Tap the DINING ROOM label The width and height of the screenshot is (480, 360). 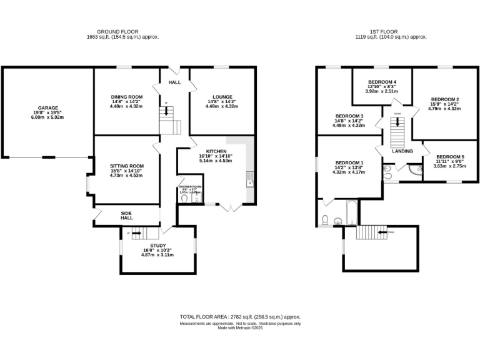(x=127, y=97)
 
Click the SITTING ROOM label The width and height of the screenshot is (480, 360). (x=126, y=166)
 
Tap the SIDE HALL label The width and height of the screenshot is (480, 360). (x=127, y=214)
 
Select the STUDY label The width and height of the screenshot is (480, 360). (x=157, y=246)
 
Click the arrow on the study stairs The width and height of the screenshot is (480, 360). (x=137, y=234)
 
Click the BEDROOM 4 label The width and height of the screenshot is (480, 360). (x=382, y=82)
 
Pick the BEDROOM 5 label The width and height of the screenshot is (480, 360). (x=450, y=156)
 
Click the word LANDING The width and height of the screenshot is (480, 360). (x=402, y=151)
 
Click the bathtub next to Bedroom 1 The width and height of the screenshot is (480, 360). (x=351, y=214)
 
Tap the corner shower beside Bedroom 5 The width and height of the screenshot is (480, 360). (x=416, y=169)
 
